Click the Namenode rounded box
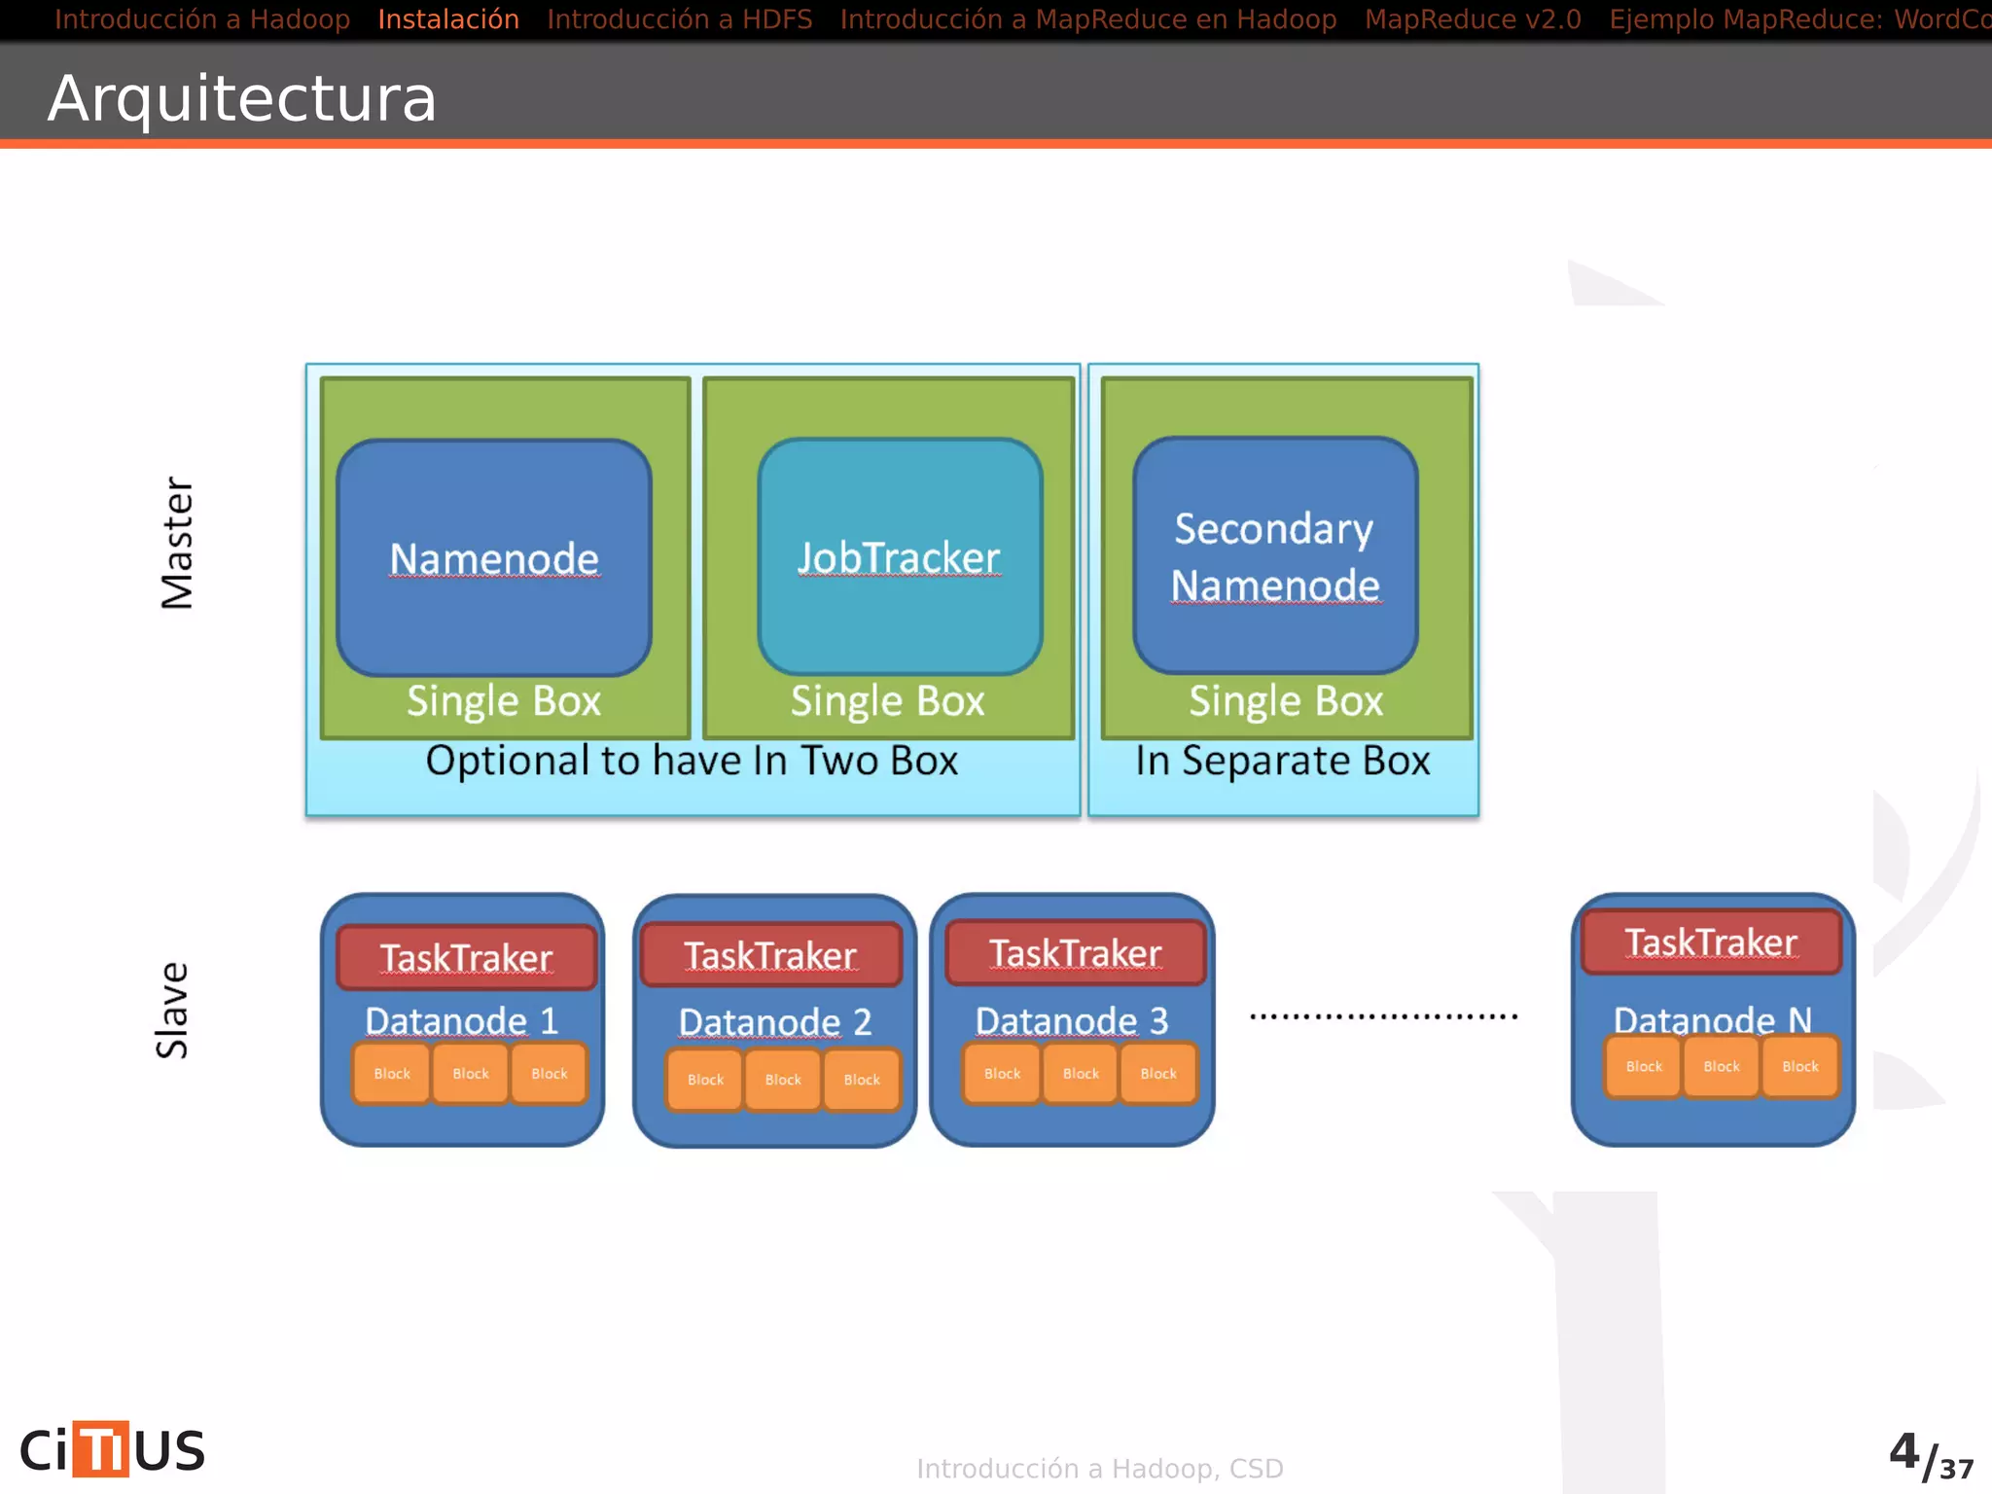tap(494, 557)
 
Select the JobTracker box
tap(900, 557)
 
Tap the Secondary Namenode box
tap(1275, 555)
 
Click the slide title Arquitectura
tap(242, 98)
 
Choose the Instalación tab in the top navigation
tap(448, 19)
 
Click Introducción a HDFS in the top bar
tap(679, 19)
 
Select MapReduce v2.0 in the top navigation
tap(1473, 19)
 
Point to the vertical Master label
tap(177, 543)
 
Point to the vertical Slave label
tap(172, 1010)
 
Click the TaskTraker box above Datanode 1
tap(466, 958)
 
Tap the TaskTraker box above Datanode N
tap(1711, 943)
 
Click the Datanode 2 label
tap(774, 1022)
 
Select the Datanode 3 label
tap(1071, 1021)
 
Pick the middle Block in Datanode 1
tap(471, 1074)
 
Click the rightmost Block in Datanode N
tap(1799, 1067)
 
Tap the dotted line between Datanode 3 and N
tap(1383, 1016)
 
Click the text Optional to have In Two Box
tap(692, 761)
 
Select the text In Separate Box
tap(1283, 761)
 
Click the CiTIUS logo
tap(113, 1449)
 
